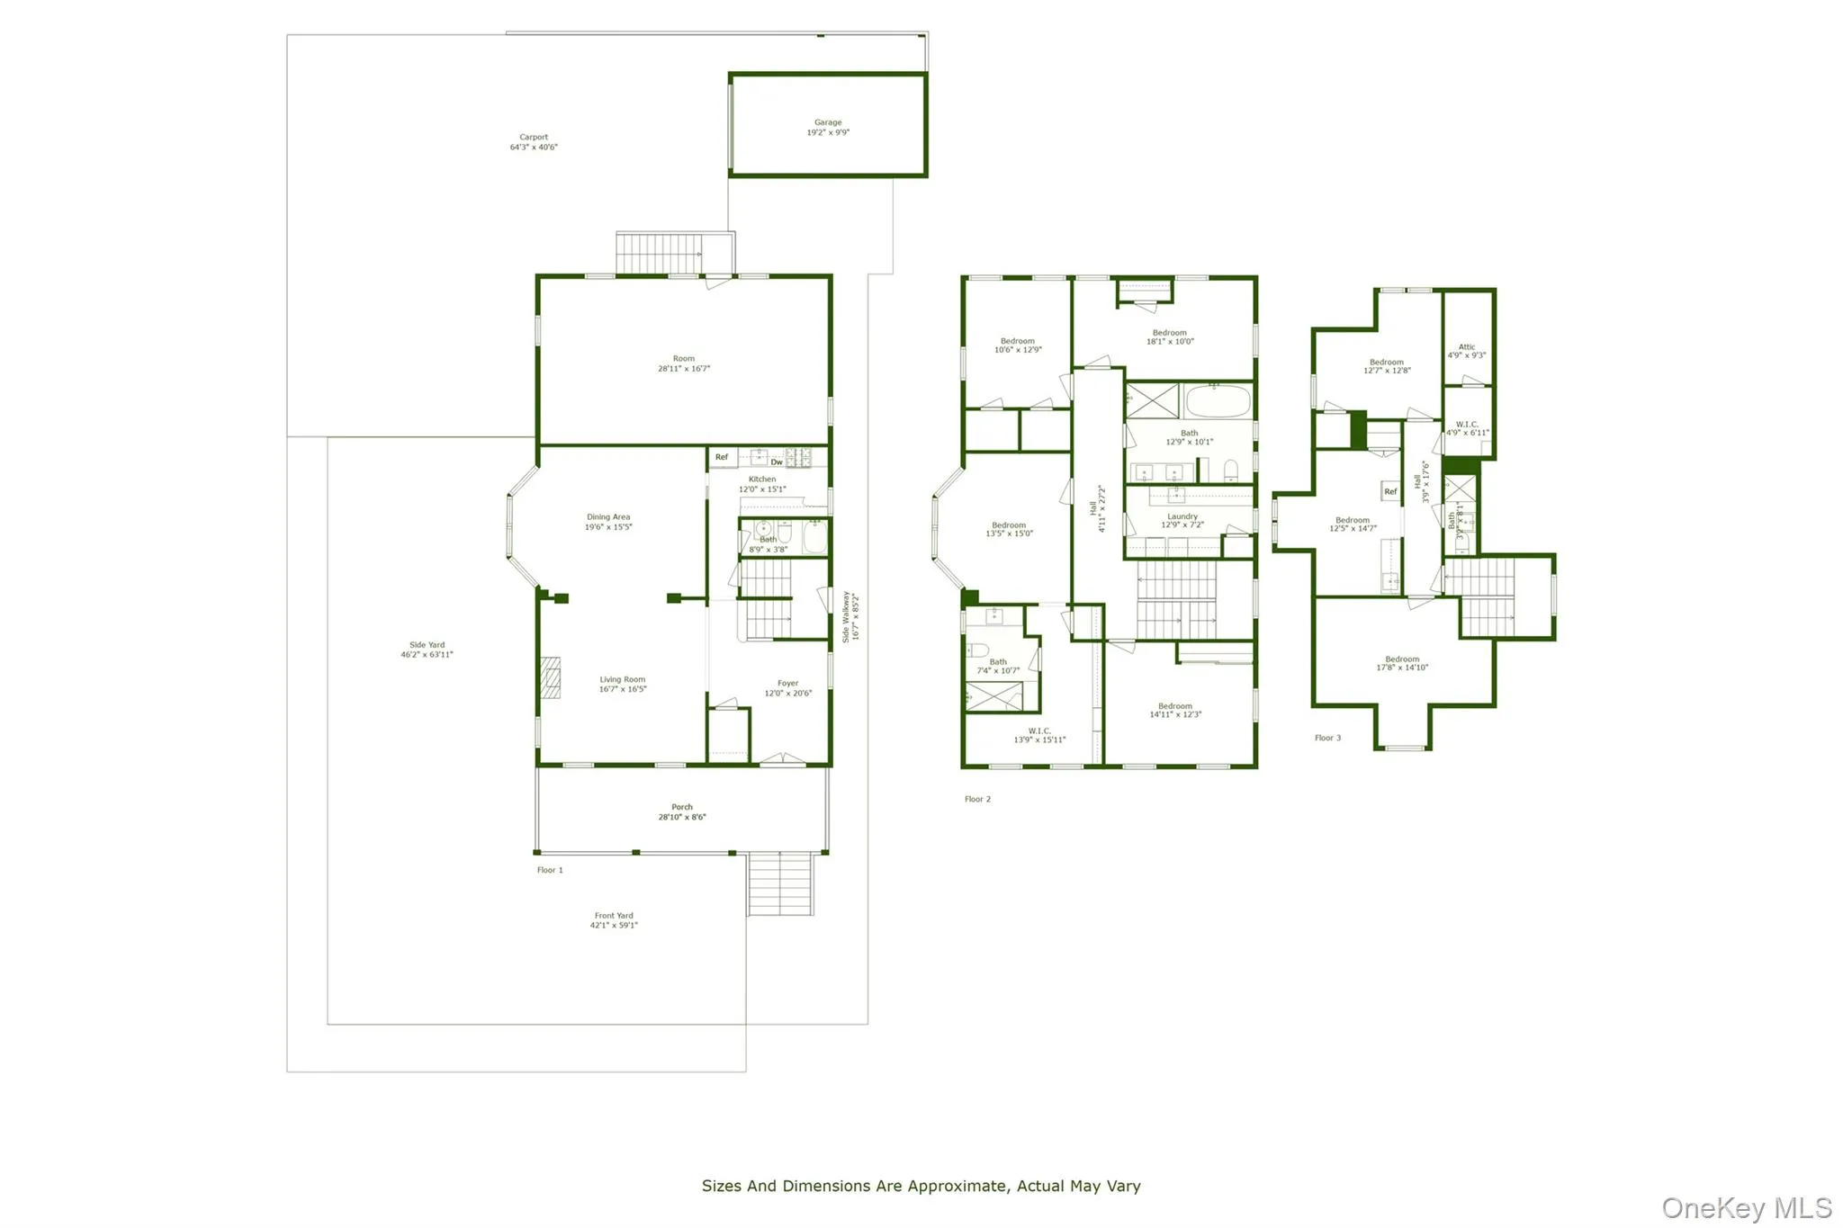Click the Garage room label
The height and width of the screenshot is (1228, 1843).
828,123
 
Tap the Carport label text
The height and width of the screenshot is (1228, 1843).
534,138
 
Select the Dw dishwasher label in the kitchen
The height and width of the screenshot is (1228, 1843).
777,462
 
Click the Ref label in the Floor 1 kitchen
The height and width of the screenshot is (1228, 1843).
722,457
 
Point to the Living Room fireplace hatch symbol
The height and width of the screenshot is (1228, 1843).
550,677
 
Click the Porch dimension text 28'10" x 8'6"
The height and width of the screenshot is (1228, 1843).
682,818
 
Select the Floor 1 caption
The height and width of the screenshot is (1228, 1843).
550,870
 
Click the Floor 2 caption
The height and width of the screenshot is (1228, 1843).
977,799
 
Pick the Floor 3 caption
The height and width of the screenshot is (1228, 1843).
1327,738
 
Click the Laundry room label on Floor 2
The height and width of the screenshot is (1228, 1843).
1182,516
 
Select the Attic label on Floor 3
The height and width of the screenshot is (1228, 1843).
1467,346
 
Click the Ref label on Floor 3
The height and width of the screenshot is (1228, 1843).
1390,491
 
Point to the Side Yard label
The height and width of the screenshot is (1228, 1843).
427,645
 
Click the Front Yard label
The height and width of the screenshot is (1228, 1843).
614,916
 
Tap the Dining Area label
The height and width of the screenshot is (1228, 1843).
608,517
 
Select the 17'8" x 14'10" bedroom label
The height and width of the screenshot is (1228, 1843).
1402,663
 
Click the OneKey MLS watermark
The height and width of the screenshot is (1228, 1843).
1746,1207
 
